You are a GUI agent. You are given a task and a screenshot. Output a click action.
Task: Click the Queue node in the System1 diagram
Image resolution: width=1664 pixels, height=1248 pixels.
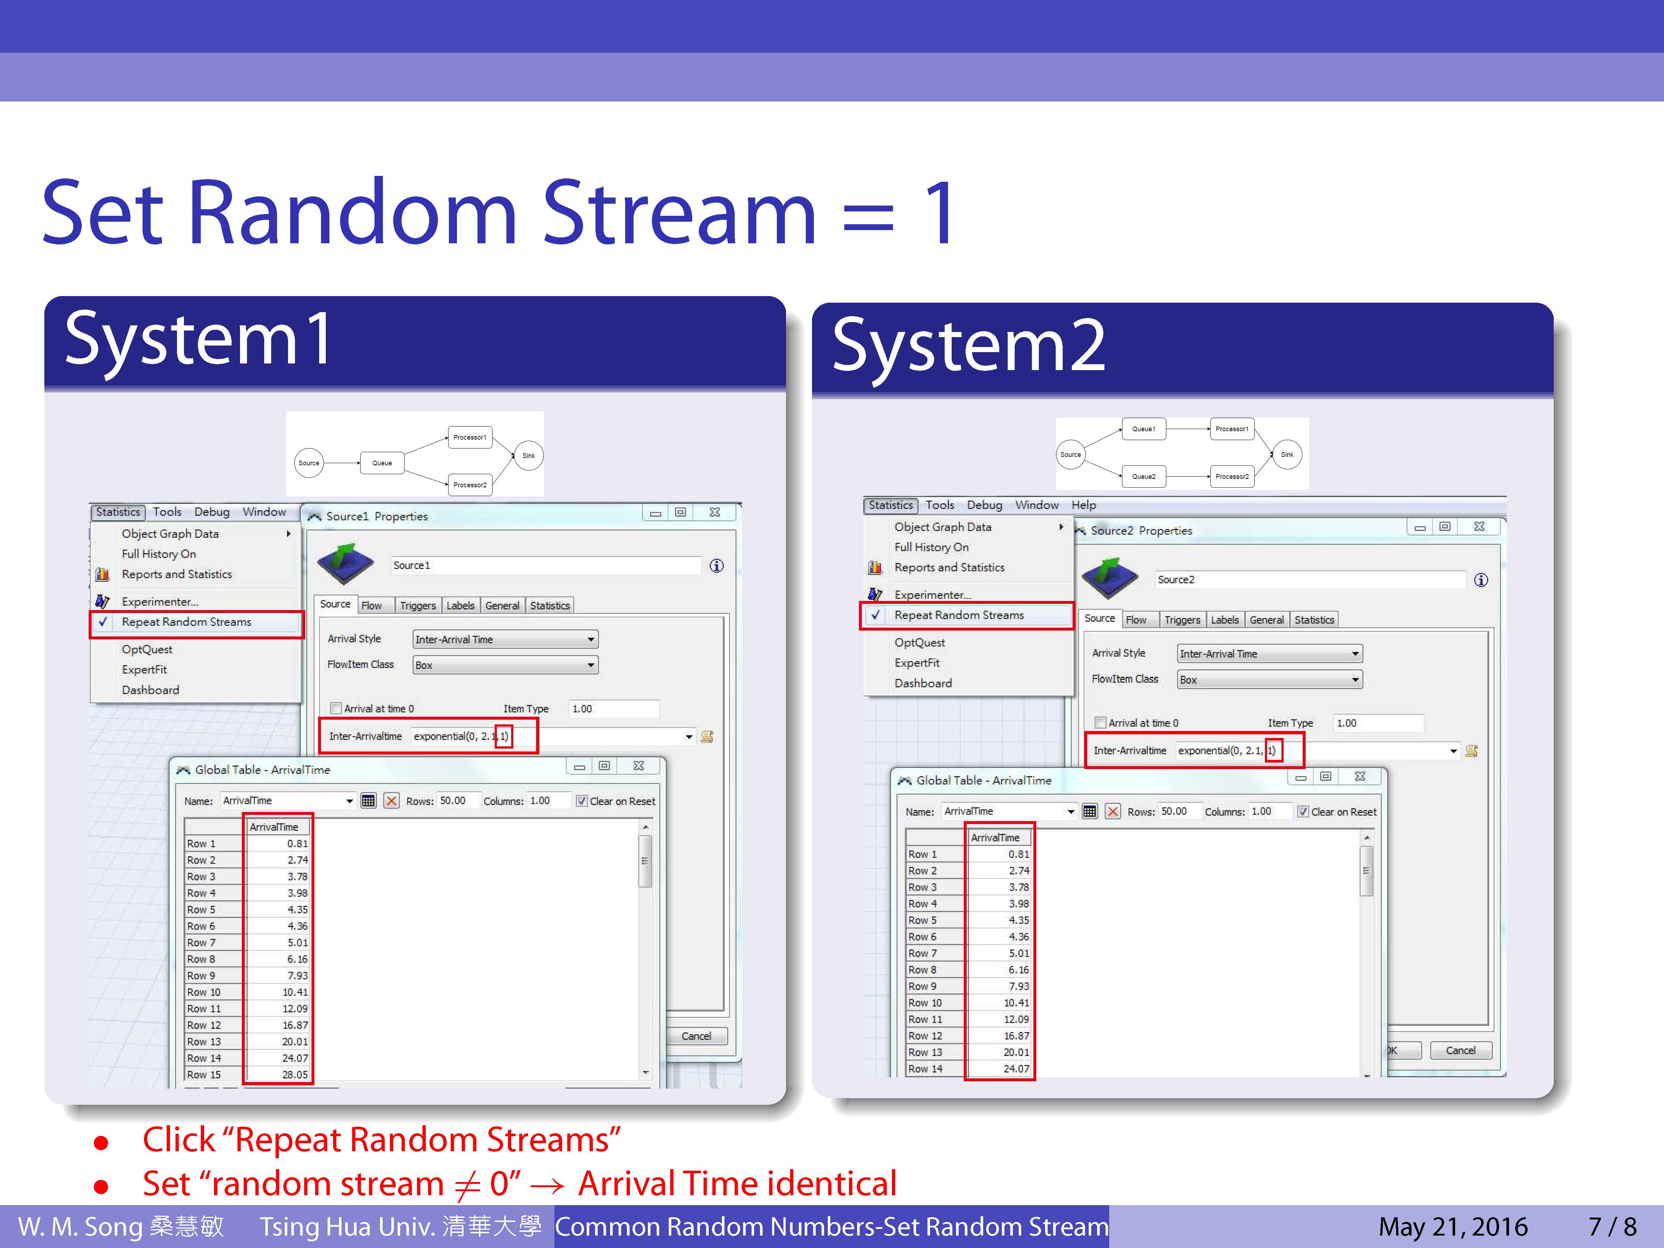point(382,463)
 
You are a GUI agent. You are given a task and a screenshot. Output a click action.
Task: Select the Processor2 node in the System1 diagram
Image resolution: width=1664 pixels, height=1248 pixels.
point(469,484)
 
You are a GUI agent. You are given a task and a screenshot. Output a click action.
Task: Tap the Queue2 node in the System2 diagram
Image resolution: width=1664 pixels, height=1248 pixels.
point(1143,476)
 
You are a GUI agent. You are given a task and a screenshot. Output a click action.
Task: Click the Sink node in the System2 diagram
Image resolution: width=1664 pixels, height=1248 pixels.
point(1287,454)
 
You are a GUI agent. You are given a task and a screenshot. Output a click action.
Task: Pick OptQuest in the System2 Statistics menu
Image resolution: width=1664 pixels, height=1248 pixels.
point(919,642)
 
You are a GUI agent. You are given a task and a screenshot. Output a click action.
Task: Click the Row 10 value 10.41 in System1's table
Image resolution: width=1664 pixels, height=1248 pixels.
point(295,992)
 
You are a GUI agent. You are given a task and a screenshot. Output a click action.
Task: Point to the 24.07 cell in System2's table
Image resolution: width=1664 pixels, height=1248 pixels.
point(1016,1069)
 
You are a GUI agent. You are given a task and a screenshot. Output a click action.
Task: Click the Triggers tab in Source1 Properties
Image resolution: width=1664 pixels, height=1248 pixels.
point(417,606)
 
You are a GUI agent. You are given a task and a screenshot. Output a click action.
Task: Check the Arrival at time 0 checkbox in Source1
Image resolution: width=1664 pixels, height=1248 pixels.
point(336,709)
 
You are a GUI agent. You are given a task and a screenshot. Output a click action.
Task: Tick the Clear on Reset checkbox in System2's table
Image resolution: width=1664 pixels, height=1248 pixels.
point(1303,812)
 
